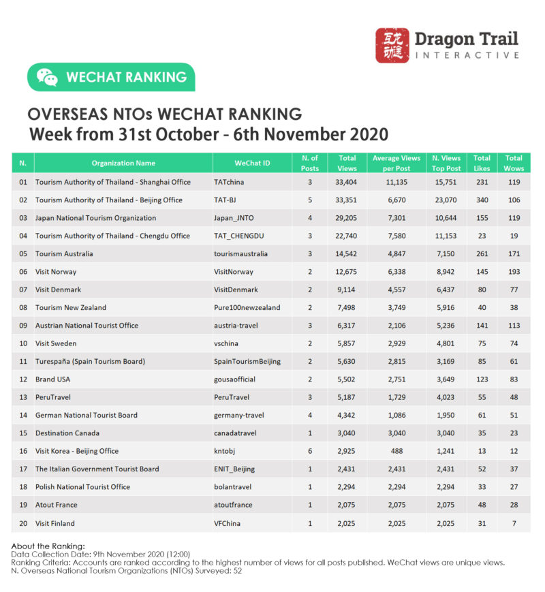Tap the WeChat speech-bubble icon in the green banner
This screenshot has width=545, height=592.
tap(47, 78)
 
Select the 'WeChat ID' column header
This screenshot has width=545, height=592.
tap(252, 163)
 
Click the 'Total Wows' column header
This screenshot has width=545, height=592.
tap(514, 163)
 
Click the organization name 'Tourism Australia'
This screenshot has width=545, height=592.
tap(64, 253)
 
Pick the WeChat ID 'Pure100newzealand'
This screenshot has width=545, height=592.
tap(247, 307)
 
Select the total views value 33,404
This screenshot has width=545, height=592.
tap(347, 183)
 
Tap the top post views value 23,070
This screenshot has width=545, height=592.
tap(446, 200)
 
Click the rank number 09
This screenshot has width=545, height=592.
tap(23, 325)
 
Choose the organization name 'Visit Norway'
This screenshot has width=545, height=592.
tap(56, 271)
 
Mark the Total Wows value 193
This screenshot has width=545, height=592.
tap(514, 271)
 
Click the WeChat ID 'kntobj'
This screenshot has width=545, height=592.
tap(225, 451)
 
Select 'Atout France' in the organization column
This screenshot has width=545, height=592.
tap(56, 505)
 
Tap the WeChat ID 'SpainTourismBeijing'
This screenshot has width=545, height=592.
tap(247, 361)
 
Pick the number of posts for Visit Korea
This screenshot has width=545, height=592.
tap(309, 451)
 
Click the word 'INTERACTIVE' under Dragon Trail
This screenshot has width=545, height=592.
tap(467, 54)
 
